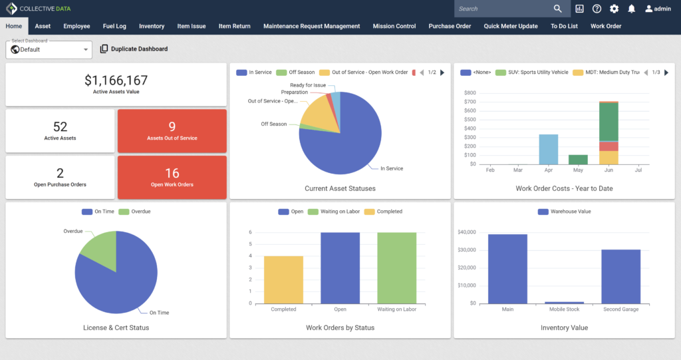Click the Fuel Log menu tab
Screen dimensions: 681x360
point(114,26)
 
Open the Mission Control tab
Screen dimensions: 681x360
point(394,26)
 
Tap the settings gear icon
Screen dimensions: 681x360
point(614,9)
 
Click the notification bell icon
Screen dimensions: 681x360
point(632,9)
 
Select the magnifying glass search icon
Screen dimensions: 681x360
point(558,9)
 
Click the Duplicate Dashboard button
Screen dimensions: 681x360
point(134,49)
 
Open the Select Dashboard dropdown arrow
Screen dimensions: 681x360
point(86,49)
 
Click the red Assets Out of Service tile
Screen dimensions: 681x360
point(172,131)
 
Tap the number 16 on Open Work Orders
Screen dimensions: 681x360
point(172,173)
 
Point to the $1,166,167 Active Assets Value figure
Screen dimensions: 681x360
point(116,80)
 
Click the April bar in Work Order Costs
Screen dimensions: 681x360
point(549,149)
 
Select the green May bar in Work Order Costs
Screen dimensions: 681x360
point(578,160)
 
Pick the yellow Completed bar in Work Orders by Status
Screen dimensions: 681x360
point(283,279)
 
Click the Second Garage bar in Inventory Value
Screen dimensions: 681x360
point(621,277)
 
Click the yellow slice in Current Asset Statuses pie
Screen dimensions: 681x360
point(320,115)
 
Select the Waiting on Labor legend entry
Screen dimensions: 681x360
point(334,212)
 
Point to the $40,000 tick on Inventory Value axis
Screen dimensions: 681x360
point(467,232)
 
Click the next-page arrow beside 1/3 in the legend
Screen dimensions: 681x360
point(666,73)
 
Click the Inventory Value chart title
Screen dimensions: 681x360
point(564,328)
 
